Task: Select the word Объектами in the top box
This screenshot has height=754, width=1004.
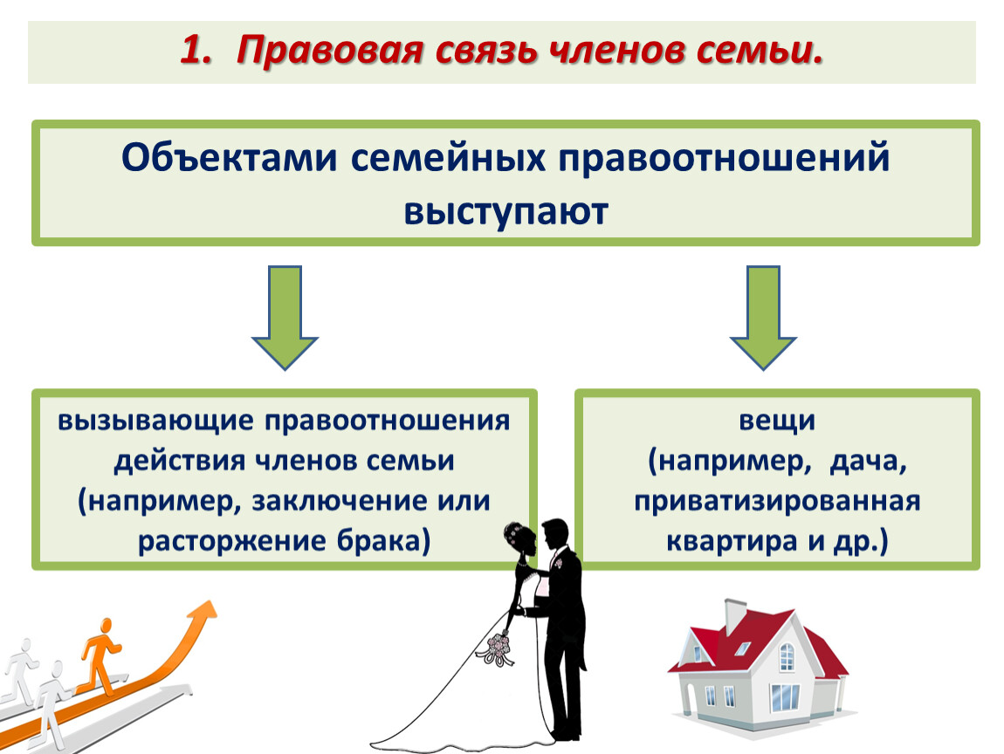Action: (230, 157)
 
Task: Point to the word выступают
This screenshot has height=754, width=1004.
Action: (505, 211)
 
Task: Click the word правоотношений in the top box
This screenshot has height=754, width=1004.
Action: (724, 159)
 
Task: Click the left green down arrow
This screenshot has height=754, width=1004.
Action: (285, 318)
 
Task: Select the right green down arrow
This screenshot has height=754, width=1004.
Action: (763, 318)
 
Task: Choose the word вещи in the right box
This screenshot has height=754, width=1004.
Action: (777, 422)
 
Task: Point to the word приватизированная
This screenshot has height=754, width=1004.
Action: (777, 502)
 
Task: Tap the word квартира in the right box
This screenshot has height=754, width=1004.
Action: (732, 542)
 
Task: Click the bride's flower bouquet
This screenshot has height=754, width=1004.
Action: (499, 648)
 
